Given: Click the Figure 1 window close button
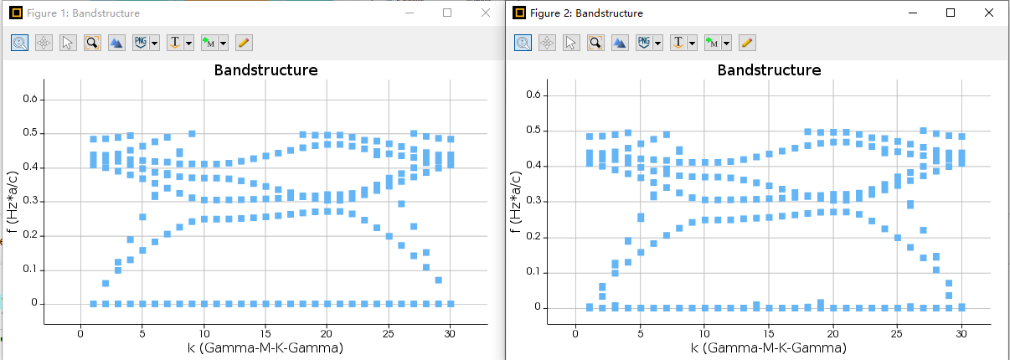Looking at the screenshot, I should click(486, 13).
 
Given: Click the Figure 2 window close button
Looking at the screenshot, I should click(989, 13).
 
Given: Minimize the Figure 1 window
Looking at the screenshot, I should click(409, 13).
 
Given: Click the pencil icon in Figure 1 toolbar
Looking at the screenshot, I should click(244, 42).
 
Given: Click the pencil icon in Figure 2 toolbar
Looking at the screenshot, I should click(747, 42).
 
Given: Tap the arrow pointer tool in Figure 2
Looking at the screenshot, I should click(571, 42).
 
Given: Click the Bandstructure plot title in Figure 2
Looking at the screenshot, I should click(769, 70).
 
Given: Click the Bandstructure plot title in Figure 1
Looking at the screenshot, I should click(265, 70).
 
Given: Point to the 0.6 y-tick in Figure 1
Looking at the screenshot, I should click(30, 100).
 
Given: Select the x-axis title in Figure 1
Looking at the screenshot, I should click(265, 347).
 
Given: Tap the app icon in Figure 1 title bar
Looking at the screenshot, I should click(15, 13).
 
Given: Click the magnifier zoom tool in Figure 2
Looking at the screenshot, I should click(595, 42).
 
